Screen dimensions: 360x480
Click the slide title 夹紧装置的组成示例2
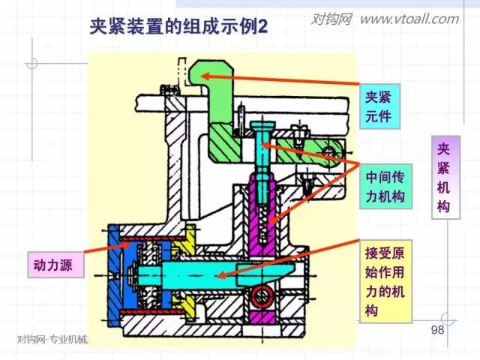[x=178, y=28]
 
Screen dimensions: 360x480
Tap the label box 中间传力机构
[x=385, y=186]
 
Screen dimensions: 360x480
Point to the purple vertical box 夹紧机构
[x=445, y=177]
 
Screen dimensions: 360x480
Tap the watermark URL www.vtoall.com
[x=409, y=19]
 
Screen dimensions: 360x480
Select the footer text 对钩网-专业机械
[x=52, y=339]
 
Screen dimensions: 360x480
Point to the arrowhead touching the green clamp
[x=204, y=74]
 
